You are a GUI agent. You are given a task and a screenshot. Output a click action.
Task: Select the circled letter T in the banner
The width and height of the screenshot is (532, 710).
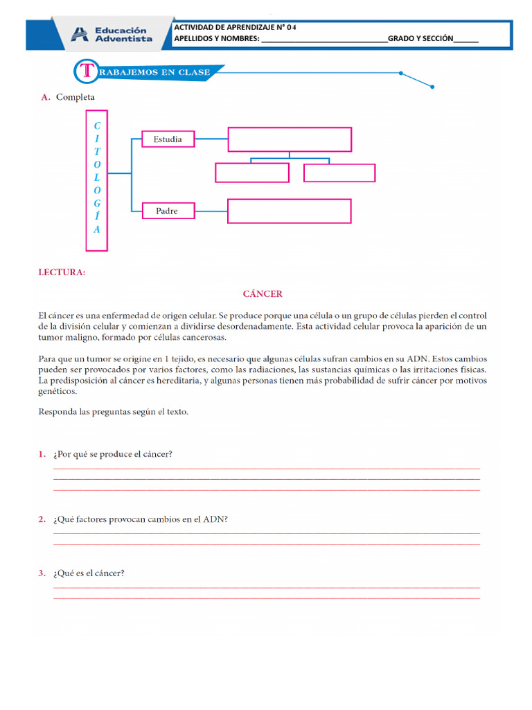coord(86,71)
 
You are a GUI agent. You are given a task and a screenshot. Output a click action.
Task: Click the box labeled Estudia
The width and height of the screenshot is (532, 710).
coord(168,139)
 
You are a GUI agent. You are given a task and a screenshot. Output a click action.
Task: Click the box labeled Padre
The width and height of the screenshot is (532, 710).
coord(167,211)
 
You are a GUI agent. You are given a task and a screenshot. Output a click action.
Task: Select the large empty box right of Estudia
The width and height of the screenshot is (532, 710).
coord(290,139)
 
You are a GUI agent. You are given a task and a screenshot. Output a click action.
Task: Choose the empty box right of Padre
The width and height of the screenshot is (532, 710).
coord(289,211)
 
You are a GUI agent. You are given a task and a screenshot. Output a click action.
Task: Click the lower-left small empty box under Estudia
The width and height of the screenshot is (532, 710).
coord(252,173)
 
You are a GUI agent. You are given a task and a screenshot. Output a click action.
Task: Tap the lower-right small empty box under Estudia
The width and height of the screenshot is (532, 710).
coord(339,173)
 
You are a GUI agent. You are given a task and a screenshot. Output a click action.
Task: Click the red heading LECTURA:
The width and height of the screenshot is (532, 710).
coord(62,272)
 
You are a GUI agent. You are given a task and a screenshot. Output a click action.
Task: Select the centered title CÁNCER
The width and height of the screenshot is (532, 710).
coord(263,294)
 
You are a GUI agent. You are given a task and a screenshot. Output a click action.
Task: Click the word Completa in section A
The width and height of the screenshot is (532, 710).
coord(76,98)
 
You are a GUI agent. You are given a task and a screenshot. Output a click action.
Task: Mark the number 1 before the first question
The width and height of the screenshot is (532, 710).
coord(42,454)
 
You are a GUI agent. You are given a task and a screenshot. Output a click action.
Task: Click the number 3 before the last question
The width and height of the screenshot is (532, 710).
coord(42,573)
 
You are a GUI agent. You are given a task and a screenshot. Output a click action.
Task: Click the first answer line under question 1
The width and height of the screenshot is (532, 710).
coord(266,469)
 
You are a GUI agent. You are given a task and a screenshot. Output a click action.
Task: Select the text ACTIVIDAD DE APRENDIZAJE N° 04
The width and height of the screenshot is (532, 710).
coord(235,28)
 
